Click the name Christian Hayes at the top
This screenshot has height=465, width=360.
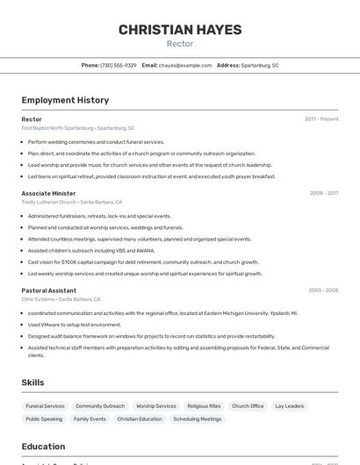[180, 30]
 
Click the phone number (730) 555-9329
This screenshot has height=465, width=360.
[118, 65]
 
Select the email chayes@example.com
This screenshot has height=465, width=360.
[185, 65]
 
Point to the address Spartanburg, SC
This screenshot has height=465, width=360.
[260, 65]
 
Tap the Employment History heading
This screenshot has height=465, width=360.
[65, 100]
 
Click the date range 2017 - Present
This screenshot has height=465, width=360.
[321, 119]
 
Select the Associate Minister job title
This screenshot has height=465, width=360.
[48, 193]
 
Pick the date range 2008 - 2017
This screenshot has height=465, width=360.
[323, 193]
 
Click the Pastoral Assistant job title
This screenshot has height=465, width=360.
[48, 290]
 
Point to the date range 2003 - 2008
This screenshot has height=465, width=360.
[323, 290]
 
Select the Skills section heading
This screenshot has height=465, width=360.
[32, 383]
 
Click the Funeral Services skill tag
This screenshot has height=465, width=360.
[45, 406]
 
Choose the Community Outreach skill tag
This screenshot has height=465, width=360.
[100, 406]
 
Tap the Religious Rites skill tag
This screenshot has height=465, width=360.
[204, 406]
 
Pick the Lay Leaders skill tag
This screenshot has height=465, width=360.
[289, 406]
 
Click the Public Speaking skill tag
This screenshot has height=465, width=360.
[44, 419]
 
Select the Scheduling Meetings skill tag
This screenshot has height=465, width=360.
[198, 419]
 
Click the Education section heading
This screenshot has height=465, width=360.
[43, 447]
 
